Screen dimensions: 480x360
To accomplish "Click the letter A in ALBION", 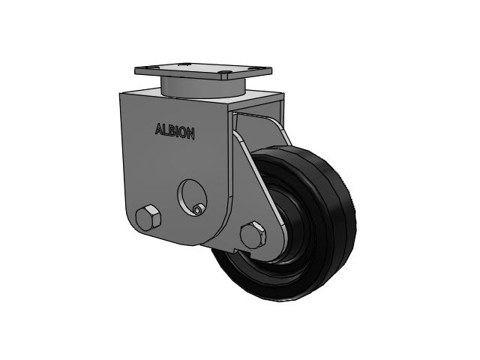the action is point(159,130).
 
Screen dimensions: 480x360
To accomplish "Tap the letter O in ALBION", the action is point(183,133).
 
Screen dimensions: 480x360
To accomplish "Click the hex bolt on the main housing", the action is point(148,218).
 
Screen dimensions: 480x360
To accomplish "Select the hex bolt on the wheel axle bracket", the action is point(253,235).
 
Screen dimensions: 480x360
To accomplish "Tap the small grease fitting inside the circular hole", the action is point(197,209).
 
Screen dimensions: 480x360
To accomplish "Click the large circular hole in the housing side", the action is point(192,198).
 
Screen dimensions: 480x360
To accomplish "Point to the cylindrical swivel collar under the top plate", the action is point(202,86).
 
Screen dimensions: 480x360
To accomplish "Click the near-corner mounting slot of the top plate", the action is point(226,73).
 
